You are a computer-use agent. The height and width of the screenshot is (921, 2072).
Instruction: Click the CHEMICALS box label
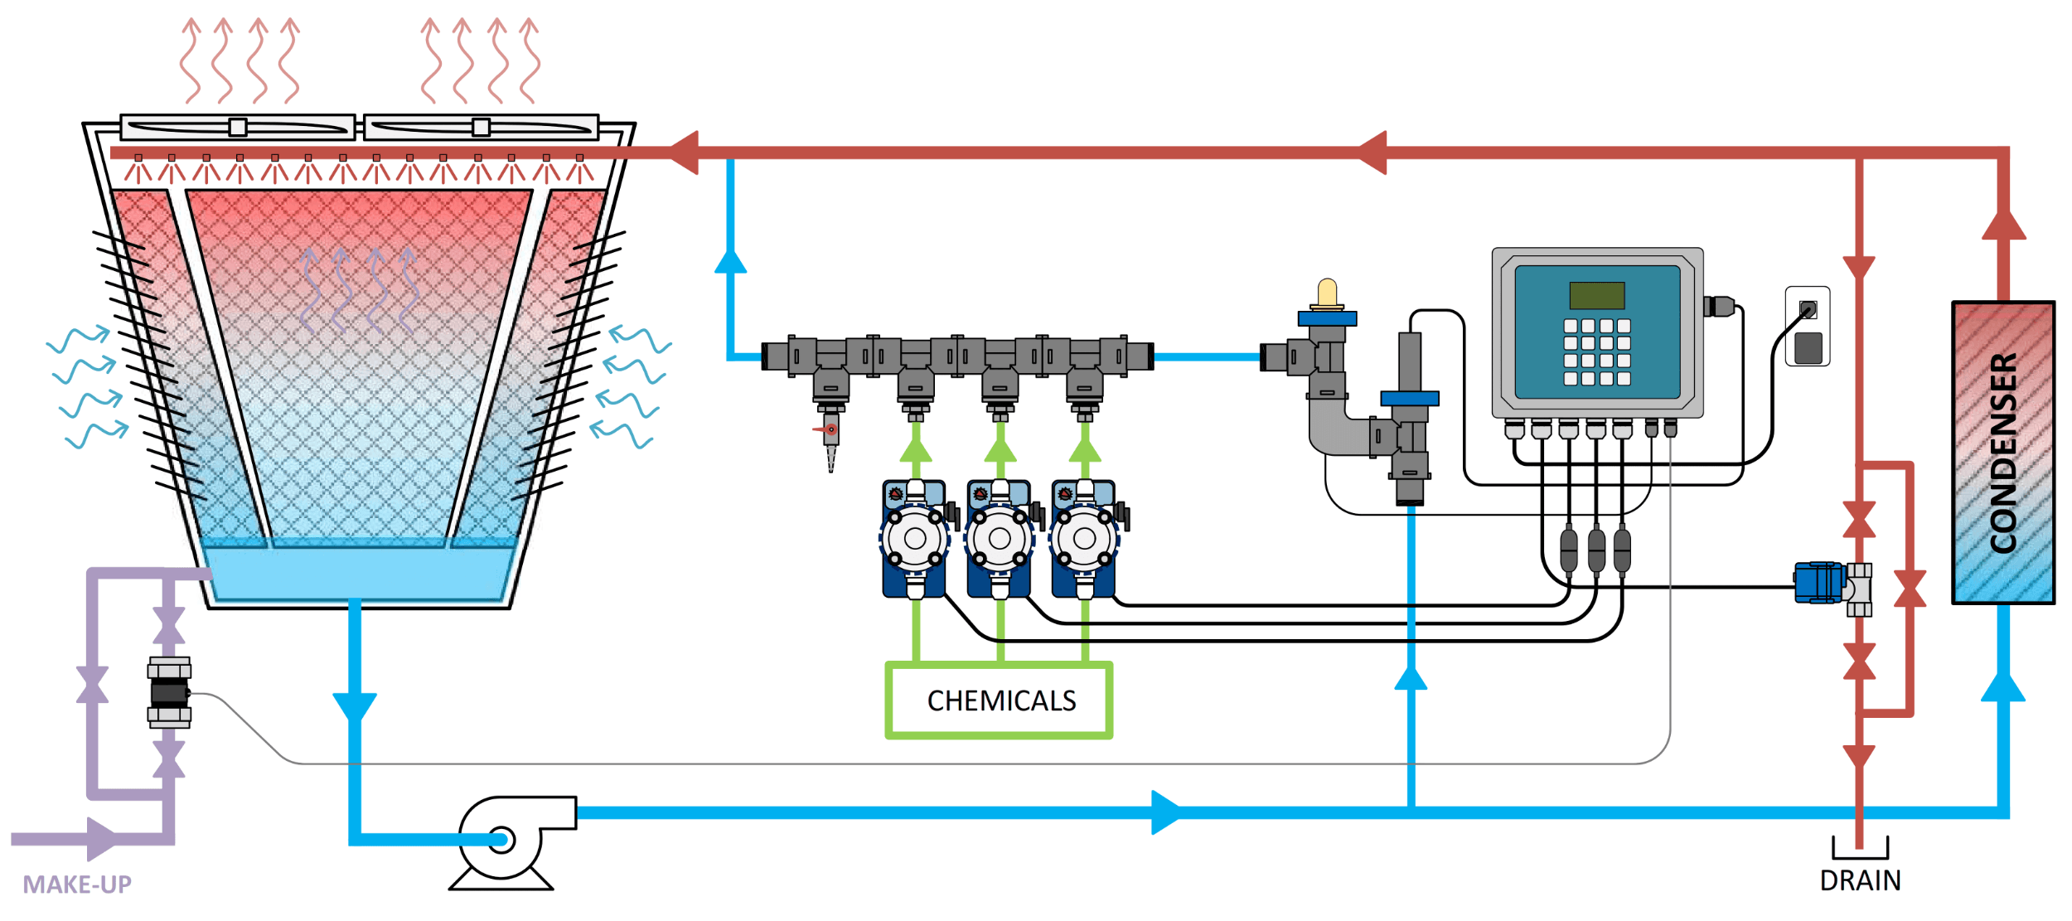click(1000, 701)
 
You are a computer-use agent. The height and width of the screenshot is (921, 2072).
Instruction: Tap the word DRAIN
click(1860, 881)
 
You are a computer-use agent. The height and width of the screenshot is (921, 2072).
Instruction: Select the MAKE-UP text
click(77, 885)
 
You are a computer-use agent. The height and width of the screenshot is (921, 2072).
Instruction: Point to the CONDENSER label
click(2003, 453)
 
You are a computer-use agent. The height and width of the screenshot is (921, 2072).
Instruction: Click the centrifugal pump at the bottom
click(502, 839)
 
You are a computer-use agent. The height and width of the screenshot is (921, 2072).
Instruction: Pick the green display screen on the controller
click(1596, 295)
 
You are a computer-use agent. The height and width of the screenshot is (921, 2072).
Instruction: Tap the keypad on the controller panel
click(1596, 352)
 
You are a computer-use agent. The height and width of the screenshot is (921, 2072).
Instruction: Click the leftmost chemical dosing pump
click(915, 539)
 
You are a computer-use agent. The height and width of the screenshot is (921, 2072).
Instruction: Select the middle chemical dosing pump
click(1000, 539)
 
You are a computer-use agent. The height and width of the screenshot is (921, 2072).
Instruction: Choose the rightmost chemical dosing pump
click(1084, 539)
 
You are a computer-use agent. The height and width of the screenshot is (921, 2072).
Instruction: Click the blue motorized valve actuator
click(1818, 582)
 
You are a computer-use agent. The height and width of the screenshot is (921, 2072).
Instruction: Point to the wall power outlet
click(1808, 327)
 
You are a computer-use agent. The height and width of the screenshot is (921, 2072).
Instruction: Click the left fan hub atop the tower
click(238, 127)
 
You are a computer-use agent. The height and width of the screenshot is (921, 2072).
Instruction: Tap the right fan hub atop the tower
click(481, 127)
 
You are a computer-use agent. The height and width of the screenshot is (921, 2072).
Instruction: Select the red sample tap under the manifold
click(829, 430)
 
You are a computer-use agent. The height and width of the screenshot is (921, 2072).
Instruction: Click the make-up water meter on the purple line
click(169, 692)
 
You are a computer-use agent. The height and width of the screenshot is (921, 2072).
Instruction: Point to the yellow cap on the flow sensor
click(1327, 292)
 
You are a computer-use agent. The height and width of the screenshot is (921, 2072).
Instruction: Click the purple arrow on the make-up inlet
click(102, 839)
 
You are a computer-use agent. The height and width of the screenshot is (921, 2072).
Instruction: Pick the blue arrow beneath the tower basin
click(355, 707)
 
